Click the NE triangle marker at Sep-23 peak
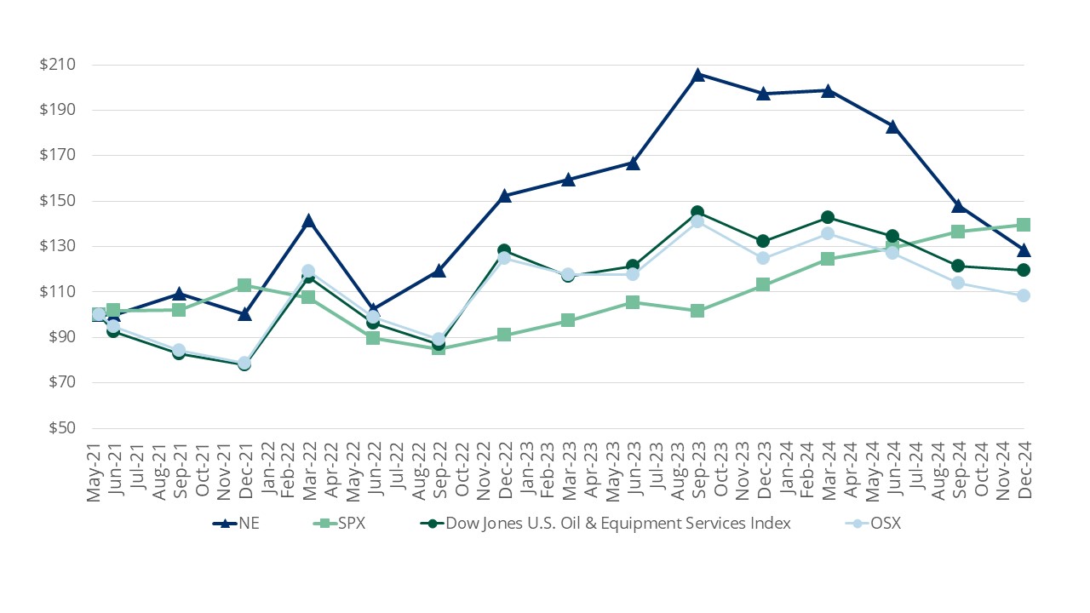[697, 75]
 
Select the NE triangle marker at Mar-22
[308, 221]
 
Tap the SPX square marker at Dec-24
[1024, 225]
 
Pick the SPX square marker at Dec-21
[244, 285]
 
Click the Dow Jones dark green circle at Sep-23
[697, 212]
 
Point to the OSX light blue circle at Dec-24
[1024, 295]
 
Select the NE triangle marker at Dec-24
[1024, 250]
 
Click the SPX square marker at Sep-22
[439, 347]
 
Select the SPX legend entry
[352, 524]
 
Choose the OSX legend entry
[886, 524]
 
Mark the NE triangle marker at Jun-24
[892, 127]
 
